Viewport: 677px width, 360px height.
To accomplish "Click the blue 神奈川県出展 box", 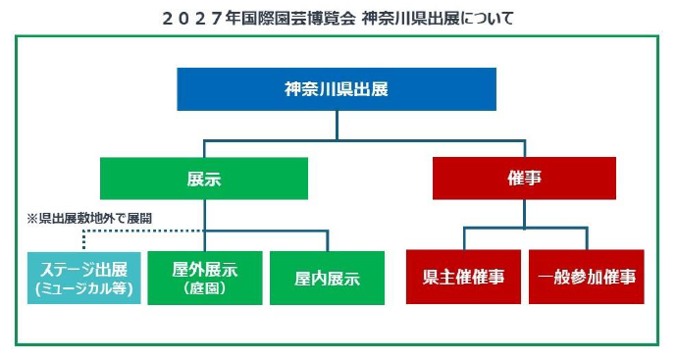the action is coord(336,89).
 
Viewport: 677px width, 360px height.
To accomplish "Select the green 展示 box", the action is coord(204,179).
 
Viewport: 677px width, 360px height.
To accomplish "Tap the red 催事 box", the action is coord(525,179).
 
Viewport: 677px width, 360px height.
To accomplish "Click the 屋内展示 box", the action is coord(327,278).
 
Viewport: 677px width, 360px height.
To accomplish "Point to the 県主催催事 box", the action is coord(463,277).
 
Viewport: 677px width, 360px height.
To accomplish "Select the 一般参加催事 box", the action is coord(587,277).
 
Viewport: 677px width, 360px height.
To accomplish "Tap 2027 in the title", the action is coord(191,18).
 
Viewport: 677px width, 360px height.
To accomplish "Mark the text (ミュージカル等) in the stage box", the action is coord(83,289).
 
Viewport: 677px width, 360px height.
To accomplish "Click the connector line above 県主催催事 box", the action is coord(463,239).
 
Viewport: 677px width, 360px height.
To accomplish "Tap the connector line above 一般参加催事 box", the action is coord(587,239).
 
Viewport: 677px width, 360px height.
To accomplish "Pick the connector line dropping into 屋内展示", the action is coord(327,241).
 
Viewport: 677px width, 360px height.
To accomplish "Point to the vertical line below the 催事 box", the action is coord(525,214).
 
